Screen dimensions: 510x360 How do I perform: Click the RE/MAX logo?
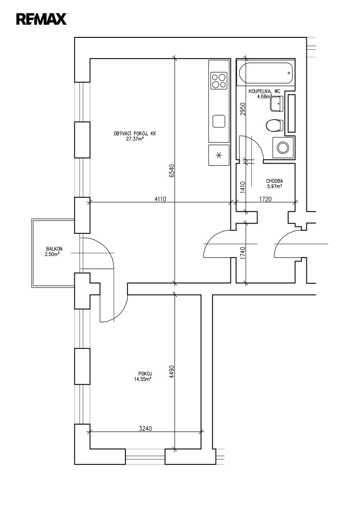pos(41,19)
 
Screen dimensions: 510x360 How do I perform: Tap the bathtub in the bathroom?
pos(266,74)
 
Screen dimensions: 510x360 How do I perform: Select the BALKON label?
pos(55,249)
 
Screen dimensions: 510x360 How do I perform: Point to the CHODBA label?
pos(274,180)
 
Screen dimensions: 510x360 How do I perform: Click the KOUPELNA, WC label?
pos(264,91)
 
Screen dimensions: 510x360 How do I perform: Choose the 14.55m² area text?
pos(143,379)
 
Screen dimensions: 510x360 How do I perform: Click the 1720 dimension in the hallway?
pos(265,198)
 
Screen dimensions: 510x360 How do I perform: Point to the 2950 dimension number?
pos(243,109)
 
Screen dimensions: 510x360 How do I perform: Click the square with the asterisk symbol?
pos(219,155)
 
